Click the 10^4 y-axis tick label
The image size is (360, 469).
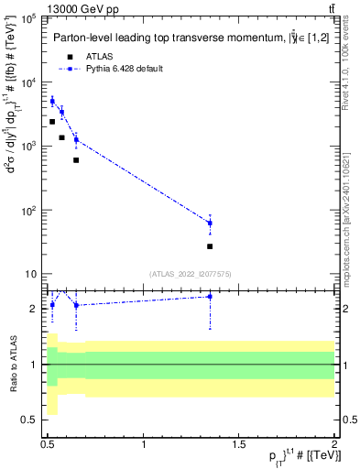pyautogui.click(x=29, y=82)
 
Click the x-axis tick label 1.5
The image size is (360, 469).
pyautogui.click(x=239, y=445)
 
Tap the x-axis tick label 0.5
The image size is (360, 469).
pyautogui.click(x=48, y=445)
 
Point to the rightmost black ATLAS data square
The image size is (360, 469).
pyautogui.click(x=210, y=246)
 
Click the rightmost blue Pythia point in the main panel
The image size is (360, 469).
pyautogui.click(x=210, y=223)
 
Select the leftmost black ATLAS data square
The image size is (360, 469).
pyautogui.click(x=52, y=121)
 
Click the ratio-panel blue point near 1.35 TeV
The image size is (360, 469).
pyautogui.click(x=210, y=297)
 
